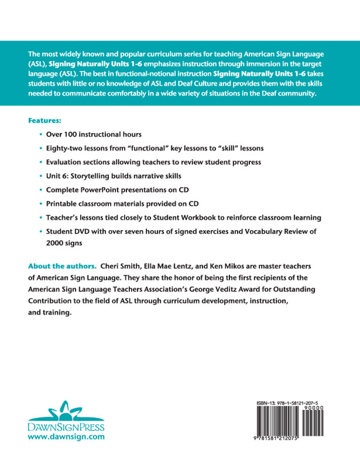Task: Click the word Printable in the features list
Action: tap(62, 204)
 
